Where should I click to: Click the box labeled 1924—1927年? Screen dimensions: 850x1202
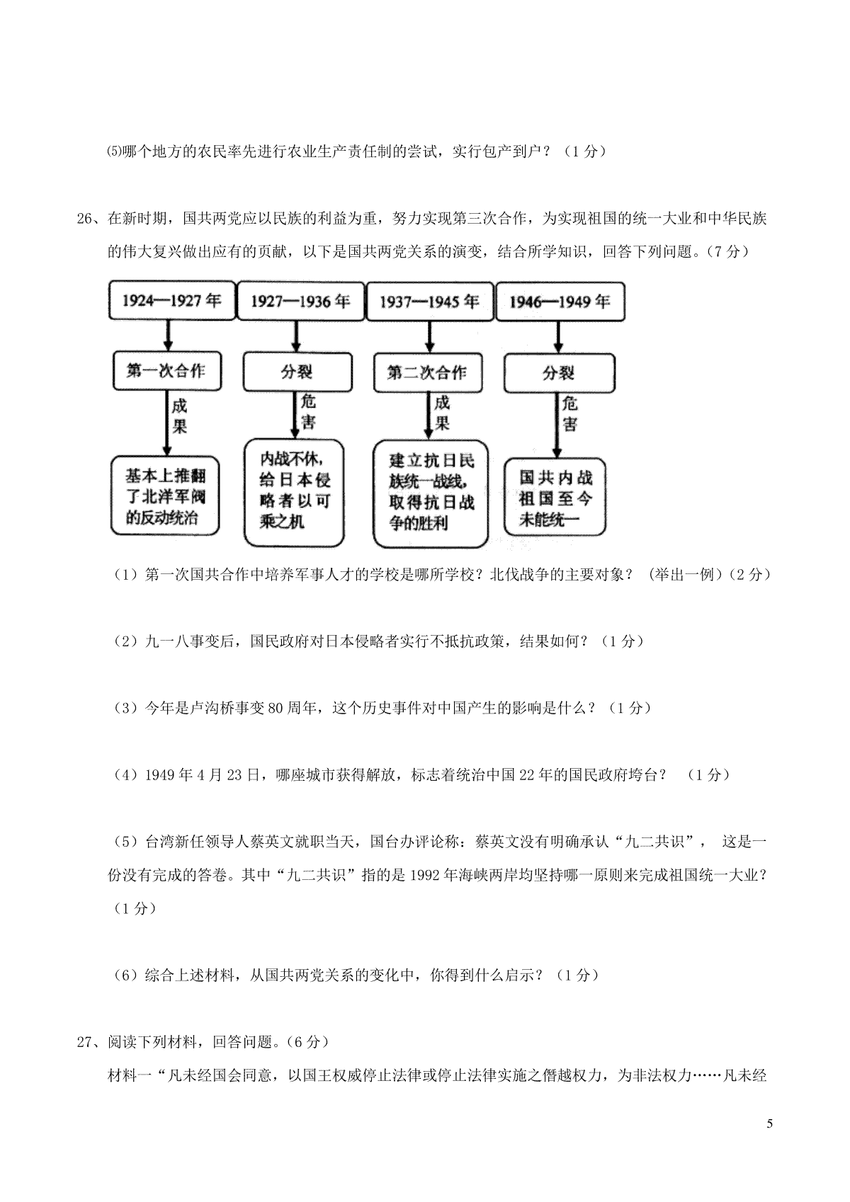click(172, 300)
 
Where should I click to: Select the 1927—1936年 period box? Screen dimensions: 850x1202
click(301, 302)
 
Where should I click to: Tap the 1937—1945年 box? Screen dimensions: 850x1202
click(429, 302)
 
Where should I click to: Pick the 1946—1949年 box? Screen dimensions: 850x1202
click(560, 302)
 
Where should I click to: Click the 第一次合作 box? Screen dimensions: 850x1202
click(166, 371)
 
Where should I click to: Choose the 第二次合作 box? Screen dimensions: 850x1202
click(427, 372)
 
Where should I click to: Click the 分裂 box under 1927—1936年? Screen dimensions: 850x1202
click(297, 372)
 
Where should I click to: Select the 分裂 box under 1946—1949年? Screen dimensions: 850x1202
click(559, 373)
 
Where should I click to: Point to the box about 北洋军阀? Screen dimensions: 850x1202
click(165, 496)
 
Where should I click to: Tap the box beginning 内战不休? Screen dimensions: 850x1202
click(294, 493)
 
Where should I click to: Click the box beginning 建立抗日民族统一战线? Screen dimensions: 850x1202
click(431, 494)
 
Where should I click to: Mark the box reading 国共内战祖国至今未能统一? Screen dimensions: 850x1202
click(555, 497)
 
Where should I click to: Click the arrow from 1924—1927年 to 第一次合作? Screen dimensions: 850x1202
click(168, 336)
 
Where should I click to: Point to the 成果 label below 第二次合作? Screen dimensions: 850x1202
click(442, 413)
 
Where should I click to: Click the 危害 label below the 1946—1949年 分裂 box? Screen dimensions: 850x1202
click(569, 413)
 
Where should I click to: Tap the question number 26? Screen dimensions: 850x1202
click(85, 219)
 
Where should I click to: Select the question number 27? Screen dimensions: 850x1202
click(85, 1042)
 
